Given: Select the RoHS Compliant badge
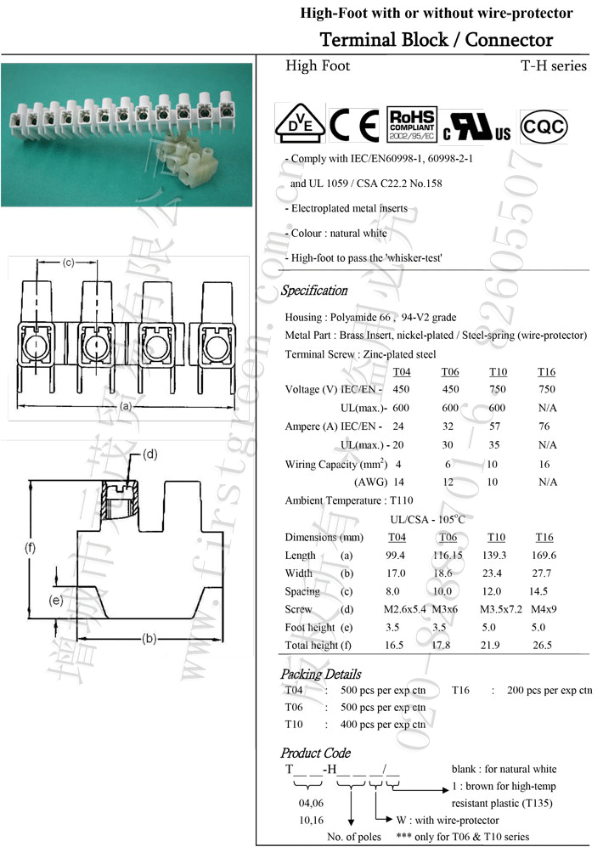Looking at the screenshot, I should tap(411, 124).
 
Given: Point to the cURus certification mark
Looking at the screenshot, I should tap(476, 127).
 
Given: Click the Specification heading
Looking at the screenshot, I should tap(314, 291).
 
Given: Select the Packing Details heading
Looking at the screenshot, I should tap(320, 674).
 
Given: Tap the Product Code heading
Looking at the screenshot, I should tap(315, 753).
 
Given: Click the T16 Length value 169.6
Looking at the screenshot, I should tap(547, 555).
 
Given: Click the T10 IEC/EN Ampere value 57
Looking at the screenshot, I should tap(496, 426).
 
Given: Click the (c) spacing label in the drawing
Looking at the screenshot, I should tap(70, 263).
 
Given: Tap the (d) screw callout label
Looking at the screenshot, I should tap(149, 454).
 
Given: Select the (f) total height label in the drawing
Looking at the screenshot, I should tap(30, 548).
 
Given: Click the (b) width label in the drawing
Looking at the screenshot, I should tap(149, 638).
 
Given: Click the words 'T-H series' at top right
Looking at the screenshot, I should tap(554, 65).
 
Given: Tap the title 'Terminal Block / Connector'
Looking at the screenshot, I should tap(436, 40).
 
